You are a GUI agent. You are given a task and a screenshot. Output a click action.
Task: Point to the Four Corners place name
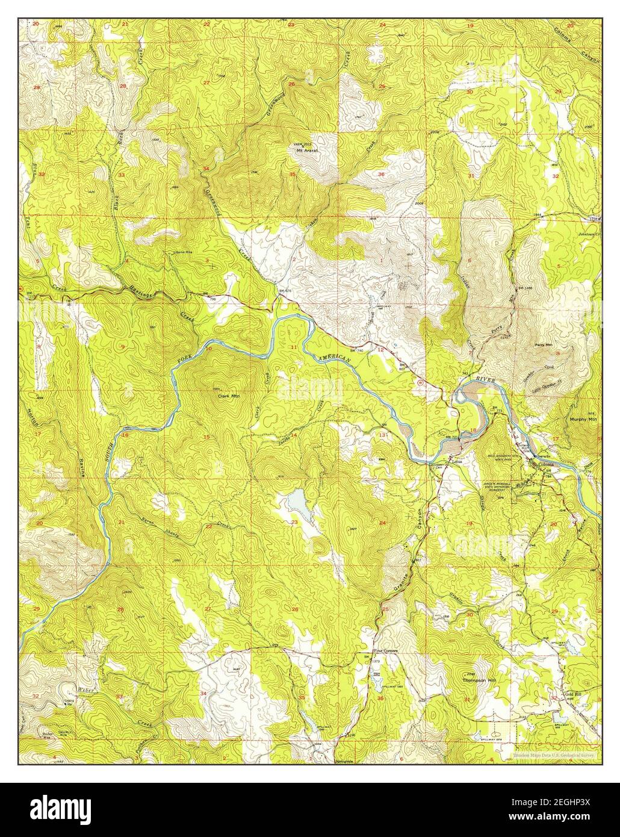(386, 650)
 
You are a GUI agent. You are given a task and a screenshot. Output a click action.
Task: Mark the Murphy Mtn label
(582, 419)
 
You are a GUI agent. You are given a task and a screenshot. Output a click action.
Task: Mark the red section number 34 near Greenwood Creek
(206, 169)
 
